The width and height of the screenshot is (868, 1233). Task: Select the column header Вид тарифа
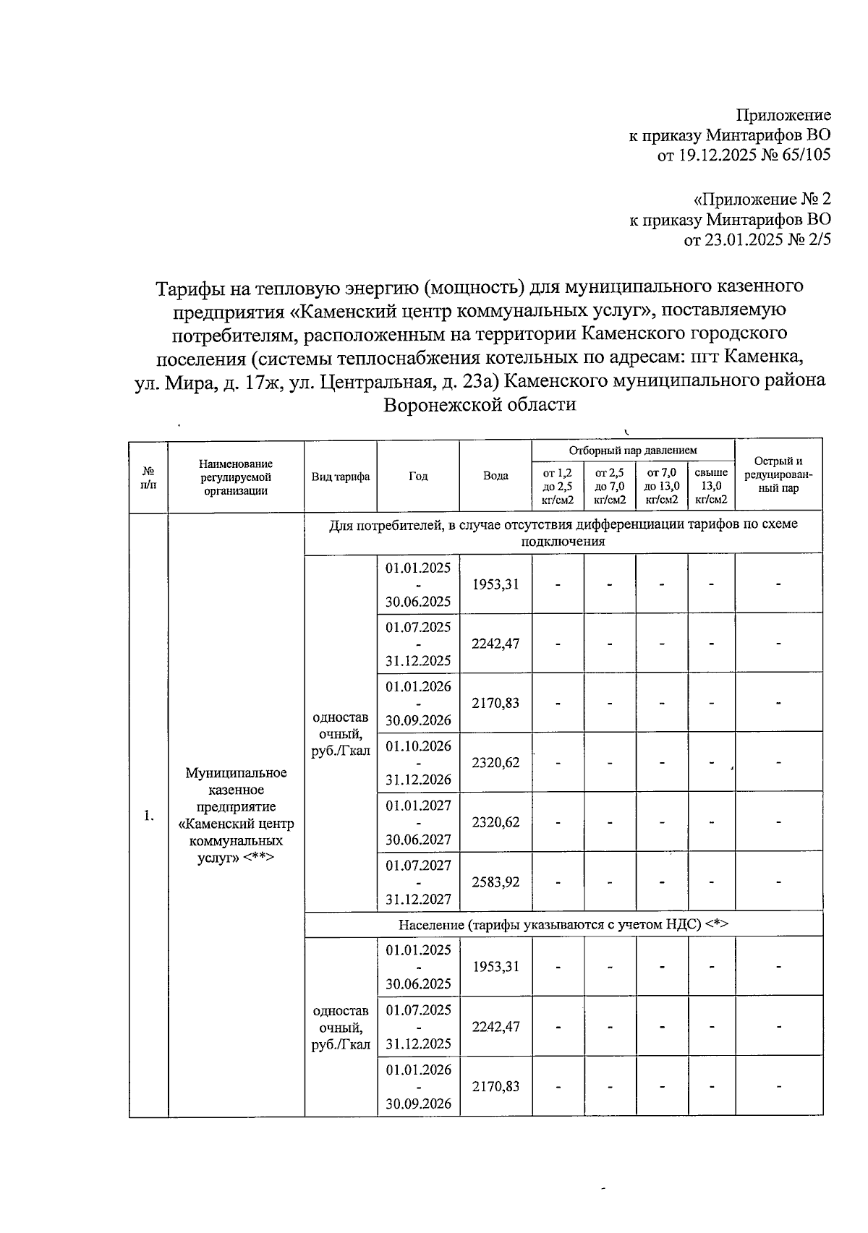coord(341,477)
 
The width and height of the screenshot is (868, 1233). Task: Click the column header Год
coord(418,476)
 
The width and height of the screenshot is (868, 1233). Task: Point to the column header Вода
coord(495,476)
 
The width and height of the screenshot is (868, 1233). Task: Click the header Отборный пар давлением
coord(633,451)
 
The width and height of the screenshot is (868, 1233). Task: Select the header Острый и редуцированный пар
coord(778,474)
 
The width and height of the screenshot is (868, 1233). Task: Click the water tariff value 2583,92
coord(495,882)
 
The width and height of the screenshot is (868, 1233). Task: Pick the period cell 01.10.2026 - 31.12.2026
coord(418,762)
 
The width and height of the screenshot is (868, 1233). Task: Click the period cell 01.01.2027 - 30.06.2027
coord(418,822)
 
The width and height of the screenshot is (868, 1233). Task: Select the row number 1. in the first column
coord(148,816)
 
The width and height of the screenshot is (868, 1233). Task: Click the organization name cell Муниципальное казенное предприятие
coord(236,815)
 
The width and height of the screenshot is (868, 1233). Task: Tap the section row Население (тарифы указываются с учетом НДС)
coord(563,924)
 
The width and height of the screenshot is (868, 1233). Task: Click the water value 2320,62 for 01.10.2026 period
coord(495,762)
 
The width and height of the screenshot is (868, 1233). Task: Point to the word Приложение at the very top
coord(783,115)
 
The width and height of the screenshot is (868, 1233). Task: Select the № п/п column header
coord(148,477)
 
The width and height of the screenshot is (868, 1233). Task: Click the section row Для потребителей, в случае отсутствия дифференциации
coord(563,532)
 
